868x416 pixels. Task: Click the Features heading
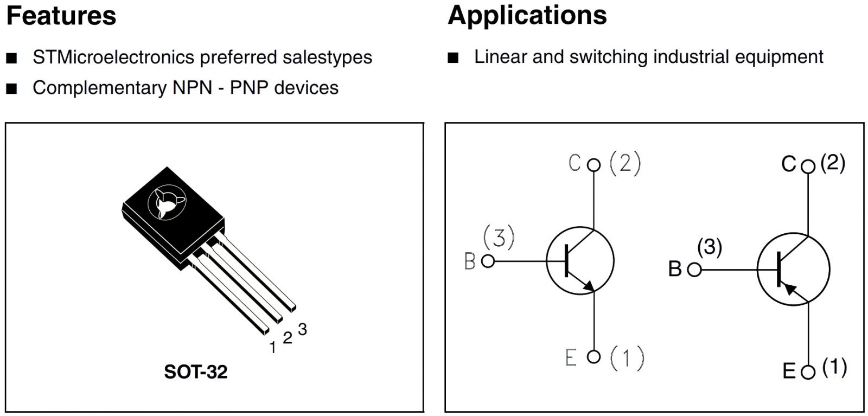pos(61,16)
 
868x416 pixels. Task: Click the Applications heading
pos(527,15)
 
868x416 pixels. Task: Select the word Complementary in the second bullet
pos(99,87)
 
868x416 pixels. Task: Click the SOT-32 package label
pos(195,372)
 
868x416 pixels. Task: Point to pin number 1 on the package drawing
pos(273,348)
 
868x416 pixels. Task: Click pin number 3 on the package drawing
pos(302,329)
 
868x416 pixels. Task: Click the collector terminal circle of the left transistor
pos(594,164)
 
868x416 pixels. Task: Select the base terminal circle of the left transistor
pos(488,261)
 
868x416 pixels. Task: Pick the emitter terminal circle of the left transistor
pos(594,356)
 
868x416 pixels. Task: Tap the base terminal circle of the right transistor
pos(694,270)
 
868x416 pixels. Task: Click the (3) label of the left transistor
pos(499,238)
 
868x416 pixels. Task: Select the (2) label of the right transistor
pos(833,163)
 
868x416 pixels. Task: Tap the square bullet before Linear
pos(453,57)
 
